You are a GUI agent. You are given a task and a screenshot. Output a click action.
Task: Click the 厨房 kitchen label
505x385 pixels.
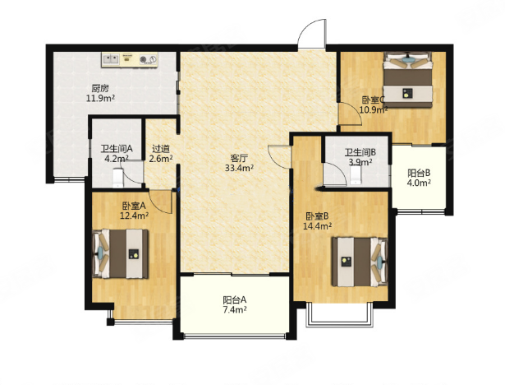[100, 88]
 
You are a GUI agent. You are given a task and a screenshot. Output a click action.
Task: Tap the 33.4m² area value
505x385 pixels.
[239, 168]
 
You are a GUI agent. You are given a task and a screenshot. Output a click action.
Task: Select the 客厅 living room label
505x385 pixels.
[239, 159]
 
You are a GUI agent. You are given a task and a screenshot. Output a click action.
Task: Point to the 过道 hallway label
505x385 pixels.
[161, 149]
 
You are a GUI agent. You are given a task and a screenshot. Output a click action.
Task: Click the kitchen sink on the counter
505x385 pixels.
[111, 59]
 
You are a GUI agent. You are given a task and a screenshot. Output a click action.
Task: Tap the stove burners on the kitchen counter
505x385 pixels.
[148, 59]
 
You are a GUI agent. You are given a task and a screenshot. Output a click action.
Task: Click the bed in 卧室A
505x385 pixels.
[121, 253]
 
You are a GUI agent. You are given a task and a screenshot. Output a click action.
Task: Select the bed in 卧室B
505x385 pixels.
[360, 262]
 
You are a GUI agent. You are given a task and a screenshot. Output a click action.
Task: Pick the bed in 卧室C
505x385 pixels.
[407, 80]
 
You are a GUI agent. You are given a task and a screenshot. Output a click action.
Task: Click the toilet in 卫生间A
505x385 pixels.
[118, 177]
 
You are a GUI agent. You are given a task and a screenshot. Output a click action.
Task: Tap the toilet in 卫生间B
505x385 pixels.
[356, 177]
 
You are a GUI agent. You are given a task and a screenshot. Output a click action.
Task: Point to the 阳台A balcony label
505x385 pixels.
[235, 300]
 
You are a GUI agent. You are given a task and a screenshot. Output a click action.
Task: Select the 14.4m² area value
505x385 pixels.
[317, 226]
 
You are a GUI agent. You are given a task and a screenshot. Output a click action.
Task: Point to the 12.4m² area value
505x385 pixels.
[134, 215]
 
